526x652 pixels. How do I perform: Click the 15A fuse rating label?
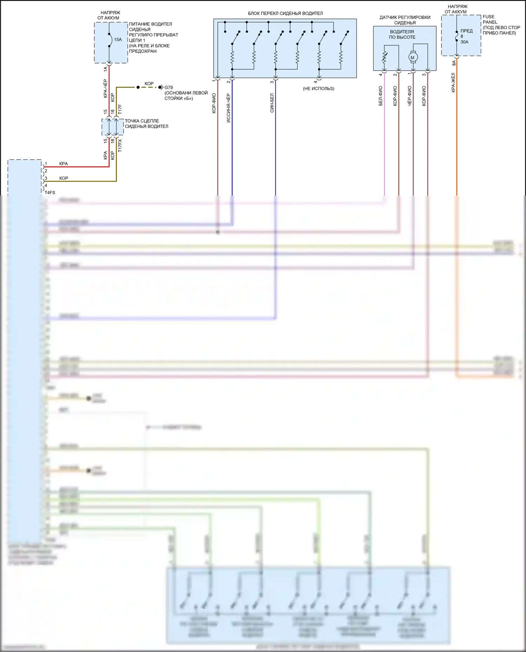pos(118,40)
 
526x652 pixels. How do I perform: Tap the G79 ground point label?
pos(169,88)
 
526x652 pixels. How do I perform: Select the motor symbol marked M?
pos(413,57)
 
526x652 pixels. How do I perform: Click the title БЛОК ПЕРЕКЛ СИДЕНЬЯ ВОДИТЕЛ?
pos(285,13)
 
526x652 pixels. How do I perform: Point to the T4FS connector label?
pos(50,192)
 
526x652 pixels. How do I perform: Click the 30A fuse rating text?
pos(464,42)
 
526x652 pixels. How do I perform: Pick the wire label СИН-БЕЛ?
pos(272,103)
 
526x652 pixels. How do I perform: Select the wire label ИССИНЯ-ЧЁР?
pos(229,108)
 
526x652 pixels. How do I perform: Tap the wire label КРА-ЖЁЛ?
pos(453,83)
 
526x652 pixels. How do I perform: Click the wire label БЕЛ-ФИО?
pos(381,96)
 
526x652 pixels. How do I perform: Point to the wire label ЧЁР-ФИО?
pos(410,96)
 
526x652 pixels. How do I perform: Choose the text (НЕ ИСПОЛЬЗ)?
pos(318,89)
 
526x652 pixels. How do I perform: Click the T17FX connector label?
pos(120,145)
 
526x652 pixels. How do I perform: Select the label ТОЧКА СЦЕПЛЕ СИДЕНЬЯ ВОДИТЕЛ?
pos(147,124)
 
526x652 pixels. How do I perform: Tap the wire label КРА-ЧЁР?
pos(106,88)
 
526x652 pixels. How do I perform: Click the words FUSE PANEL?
pos(490,19)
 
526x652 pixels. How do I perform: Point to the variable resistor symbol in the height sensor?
pos(384,57)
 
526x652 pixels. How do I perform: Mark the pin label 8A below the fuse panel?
pos(454,63)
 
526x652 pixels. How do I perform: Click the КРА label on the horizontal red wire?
pos(63,164)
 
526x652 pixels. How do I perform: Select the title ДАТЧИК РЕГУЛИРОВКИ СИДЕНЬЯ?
pos(405,20)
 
